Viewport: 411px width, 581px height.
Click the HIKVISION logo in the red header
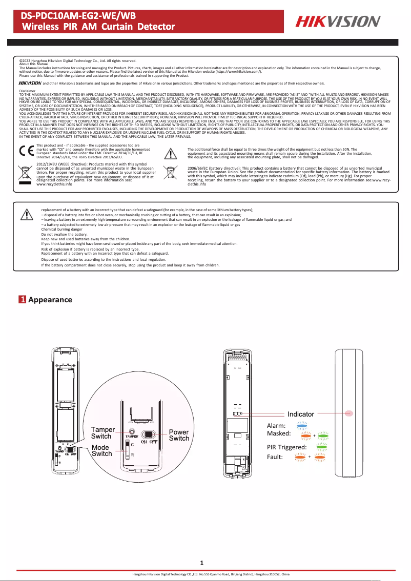337,22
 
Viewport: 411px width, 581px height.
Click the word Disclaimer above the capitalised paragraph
28,91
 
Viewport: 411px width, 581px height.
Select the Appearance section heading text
50,300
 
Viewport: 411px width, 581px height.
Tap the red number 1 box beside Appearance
23,300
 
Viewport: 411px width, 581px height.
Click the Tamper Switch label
103,432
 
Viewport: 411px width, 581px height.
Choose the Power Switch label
179,435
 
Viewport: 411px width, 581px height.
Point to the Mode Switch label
101,450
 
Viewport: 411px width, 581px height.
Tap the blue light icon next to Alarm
302,425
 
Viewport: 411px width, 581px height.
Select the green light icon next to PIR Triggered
322,447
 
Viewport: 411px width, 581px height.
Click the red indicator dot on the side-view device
351,412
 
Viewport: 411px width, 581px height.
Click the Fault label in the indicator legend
275,457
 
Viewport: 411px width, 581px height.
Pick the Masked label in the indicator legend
279,433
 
